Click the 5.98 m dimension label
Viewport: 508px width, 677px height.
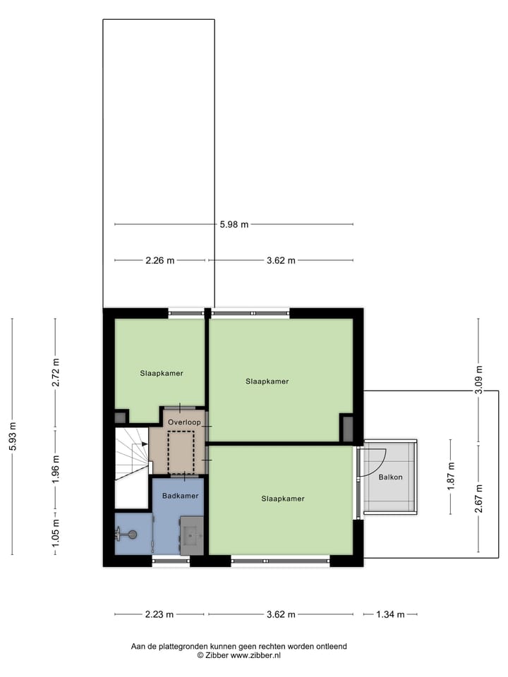[234, 225]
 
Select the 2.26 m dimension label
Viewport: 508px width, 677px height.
[159, 260]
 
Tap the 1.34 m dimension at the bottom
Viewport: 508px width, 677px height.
[389, 614]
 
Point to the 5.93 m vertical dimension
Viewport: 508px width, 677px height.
[13, 437]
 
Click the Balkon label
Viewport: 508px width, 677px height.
[390, 477]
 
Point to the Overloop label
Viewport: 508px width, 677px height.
[184, 423]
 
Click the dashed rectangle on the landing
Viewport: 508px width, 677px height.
[181, 452]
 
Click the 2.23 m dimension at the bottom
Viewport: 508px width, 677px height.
[159, 614]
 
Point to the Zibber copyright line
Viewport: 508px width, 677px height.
[238, 655]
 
